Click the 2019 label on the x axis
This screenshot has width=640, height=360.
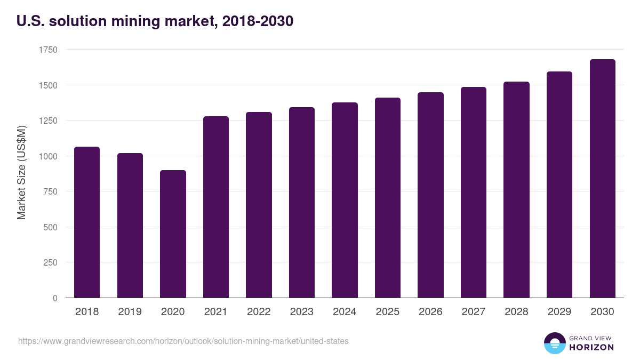[130, 312]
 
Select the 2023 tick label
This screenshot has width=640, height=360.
[301, 312]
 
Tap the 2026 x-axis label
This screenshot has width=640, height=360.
[430, 312]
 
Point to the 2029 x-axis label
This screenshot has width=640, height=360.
[559, 312]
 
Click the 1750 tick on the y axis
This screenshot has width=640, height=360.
[48, 50]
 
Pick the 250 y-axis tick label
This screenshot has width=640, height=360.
[50, 262]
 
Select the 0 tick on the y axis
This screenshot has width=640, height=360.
[55, 298]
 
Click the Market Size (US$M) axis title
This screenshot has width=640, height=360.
[21, 173]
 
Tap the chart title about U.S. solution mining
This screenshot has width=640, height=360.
[155, 21]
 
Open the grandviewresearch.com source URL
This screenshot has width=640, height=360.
[183, 341]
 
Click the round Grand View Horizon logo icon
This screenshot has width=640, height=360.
[554, 343]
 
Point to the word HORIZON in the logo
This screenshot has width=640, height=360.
[591, 347]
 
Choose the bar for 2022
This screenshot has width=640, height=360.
[259, 205]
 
